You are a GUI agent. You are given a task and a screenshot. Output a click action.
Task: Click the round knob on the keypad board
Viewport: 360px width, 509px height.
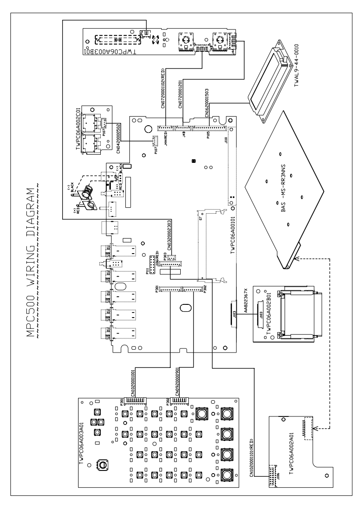[x=104, y=465]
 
